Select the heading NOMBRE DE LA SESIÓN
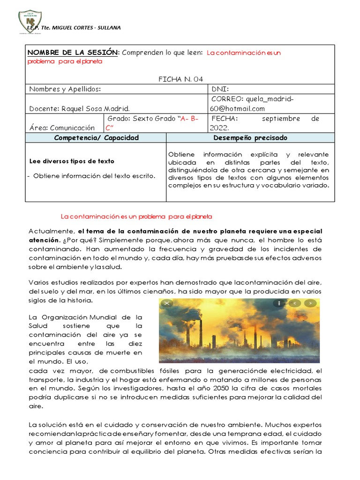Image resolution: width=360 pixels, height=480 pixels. [74, 52]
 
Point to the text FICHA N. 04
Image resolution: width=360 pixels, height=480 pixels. [180, 79]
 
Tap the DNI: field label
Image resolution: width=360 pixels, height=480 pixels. [220, 89]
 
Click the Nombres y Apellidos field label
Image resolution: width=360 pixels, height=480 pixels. [65, 89]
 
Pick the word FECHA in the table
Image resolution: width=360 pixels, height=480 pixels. [225, 119]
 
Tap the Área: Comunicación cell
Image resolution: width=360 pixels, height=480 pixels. [62, 127]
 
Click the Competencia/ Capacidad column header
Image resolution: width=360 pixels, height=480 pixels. [96, 138]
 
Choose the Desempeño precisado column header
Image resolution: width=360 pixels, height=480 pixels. [250, 138]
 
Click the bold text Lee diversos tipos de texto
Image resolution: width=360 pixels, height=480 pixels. [71, 161]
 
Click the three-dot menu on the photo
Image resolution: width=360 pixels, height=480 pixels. [279, 303]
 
